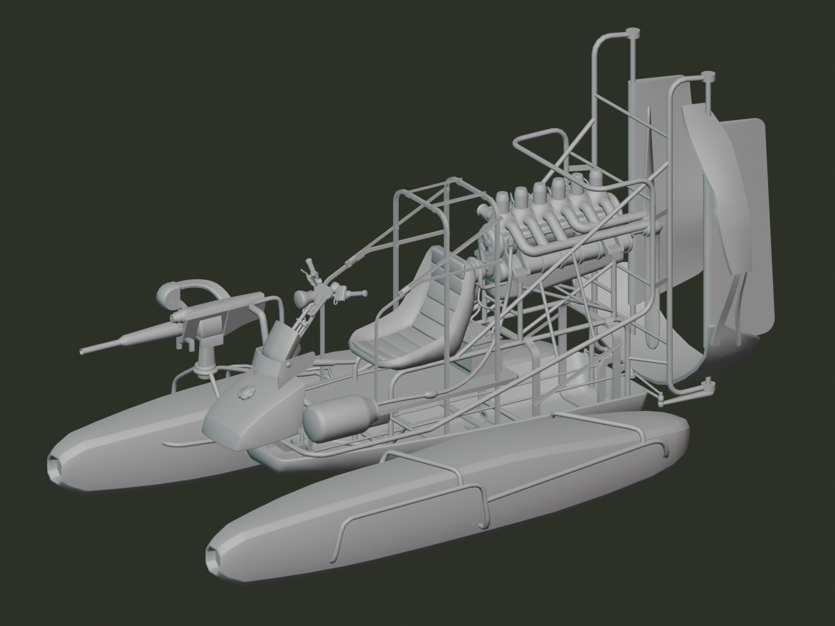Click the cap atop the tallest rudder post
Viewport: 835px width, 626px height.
[632, 32]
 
